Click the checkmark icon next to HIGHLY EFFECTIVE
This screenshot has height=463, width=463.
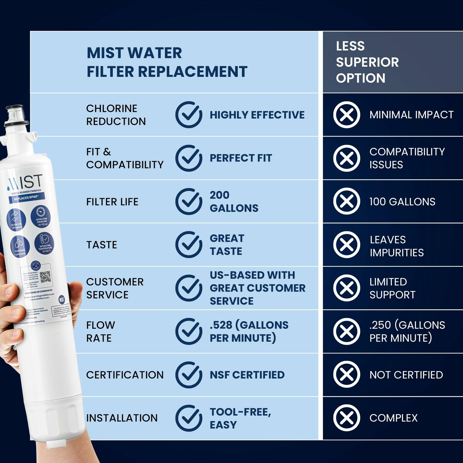(189, 115)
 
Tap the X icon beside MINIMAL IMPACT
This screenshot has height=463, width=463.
(346, 115)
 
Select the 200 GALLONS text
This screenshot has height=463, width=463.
(234, 201)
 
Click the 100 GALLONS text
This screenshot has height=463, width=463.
(402, 202)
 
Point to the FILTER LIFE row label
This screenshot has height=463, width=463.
(112, 202)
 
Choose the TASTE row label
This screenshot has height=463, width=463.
(102, 245)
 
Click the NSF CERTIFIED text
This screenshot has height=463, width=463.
(247, 375)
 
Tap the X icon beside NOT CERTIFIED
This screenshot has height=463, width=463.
(346, 375)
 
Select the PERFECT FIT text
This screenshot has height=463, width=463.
(241, 158)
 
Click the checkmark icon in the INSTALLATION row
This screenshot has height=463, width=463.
(189, 418)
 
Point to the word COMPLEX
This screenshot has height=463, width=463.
(393, 418)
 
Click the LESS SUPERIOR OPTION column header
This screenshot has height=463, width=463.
(367, 62)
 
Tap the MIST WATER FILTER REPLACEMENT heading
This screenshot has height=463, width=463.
(167, 62)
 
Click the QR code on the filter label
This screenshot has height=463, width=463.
(45, 277)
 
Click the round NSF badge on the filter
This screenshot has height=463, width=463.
(62, 300)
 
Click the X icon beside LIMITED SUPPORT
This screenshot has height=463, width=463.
(346, 288)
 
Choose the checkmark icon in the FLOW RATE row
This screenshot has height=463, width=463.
(189, 331)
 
